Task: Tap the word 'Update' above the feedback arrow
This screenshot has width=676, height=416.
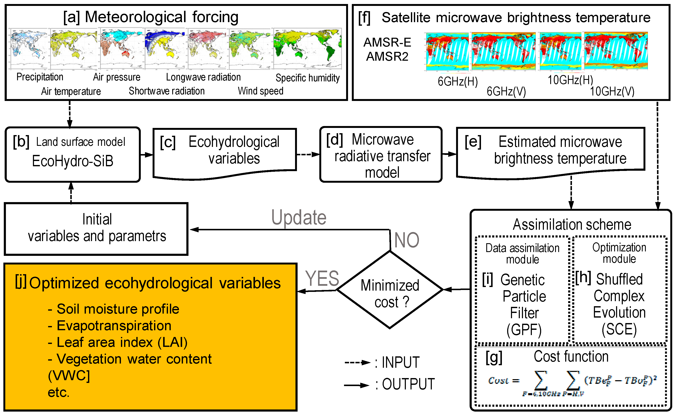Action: point(299,217)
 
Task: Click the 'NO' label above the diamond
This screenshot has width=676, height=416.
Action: point(406,240)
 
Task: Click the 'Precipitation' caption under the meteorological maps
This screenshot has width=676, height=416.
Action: point(40,77)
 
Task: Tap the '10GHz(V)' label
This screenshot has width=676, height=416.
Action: point(612,91)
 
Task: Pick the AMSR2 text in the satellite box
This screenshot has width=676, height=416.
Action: point(387,57)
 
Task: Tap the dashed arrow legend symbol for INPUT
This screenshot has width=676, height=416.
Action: point(357,363)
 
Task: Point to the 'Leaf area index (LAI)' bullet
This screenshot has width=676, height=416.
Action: point(122,342)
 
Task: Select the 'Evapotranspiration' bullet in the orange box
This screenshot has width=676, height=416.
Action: point(114,326)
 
